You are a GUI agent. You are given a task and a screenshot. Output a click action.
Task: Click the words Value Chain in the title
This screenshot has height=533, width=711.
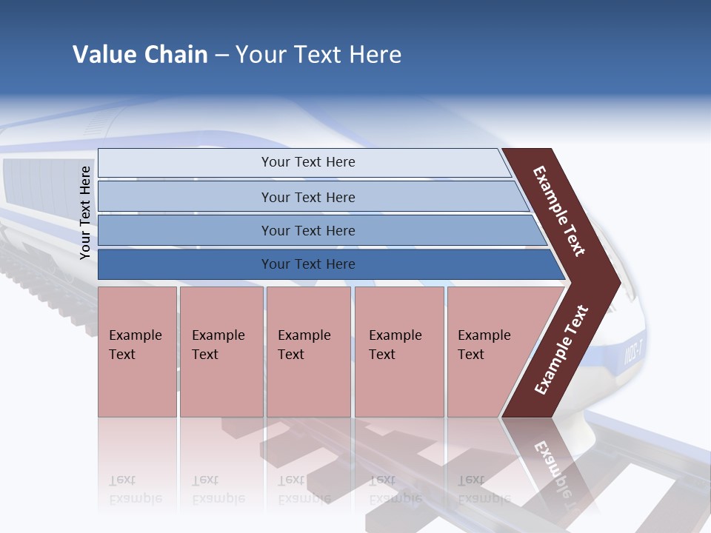coord(140,55)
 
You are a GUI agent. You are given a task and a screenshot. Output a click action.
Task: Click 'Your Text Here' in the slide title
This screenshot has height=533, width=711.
coord(318,55)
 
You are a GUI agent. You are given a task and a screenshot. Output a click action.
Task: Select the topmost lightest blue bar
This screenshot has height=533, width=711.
coord(304,163)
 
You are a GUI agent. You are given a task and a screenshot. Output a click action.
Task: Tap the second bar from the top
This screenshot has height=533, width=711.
coord(311,197)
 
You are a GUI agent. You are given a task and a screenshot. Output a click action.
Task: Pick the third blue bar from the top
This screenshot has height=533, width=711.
coord(318,230)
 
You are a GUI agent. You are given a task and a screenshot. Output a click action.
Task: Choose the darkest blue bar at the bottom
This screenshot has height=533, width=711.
coord(326,264)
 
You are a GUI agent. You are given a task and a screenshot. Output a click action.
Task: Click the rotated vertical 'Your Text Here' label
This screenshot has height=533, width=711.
coord(86,212)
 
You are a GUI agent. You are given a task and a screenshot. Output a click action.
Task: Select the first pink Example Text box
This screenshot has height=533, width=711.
coord(137,352)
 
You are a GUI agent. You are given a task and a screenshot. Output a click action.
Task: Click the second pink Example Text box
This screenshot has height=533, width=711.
coord(221,352)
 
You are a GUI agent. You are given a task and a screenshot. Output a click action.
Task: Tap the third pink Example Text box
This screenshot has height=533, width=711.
coord(308,352)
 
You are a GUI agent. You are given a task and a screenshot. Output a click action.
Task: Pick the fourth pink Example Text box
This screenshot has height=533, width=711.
coord(399,352)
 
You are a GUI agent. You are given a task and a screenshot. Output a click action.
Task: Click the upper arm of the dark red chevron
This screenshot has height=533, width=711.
coord(560,212)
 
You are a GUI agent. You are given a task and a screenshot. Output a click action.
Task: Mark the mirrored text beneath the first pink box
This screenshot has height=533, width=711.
coord(135,489)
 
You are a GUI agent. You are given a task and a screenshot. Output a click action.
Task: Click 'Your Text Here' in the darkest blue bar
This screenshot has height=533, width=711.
coord(308,264)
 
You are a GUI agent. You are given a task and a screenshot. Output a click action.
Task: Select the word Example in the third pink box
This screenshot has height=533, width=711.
coord(304,335)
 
